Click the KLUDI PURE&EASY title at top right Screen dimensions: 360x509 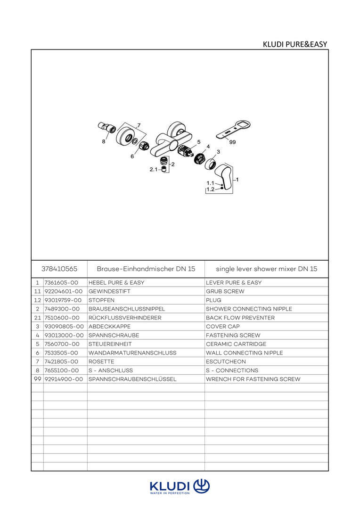click(295, 44)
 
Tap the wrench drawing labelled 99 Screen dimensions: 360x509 click(233, 130)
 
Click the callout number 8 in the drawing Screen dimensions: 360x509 click(104, 141)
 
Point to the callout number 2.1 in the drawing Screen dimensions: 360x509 click(153, 169)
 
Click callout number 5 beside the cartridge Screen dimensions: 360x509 click(199, 142)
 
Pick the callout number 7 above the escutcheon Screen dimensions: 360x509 click(139, 125)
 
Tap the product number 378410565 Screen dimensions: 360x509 click(59, 269)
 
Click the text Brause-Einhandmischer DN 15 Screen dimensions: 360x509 click(146, 269)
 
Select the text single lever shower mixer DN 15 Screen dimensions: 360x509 click(267, 269)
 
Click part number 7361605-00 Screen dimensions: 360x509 click(61, 283)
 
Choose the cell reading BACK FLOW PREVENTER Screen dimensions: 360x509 click(240, 318)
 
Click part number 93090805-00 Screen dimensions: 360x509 click(64, 327)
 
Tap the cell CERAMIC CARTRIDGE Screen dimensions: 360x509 click(236, 344)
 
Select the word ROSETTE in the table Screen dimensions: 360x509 click(101, 361)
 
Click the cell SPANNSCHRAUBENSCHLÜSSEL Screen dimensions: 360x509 click(132, 379)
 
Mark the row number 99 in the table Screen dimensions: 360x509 click(38, 379)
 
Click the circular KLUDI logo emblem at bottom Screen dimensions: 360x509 click(202, 486)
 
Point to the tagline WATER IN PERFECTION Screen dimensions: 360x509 click(170, 493)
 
